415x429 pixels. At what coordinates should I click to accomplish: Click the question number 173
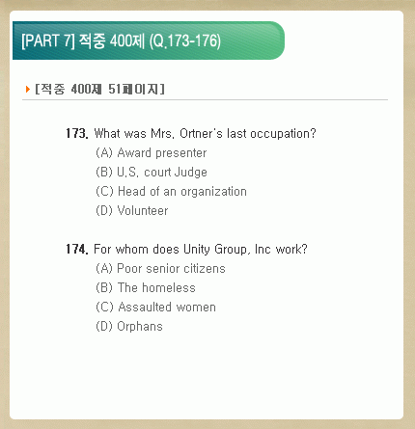77,133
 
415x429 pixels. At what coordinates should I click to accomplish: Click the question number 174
77,249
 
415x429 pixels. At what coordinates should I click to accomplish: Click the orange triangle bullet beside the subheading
28,89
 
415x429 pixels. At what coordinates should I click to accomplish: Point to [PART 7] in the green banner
48,40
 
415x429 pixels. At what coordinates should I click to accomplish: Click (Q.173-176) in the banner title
185,41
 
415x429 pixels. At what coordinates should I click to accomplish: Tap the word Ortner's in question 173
201,133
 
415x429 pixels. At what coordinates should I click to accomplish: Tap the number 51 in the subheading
114,89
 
